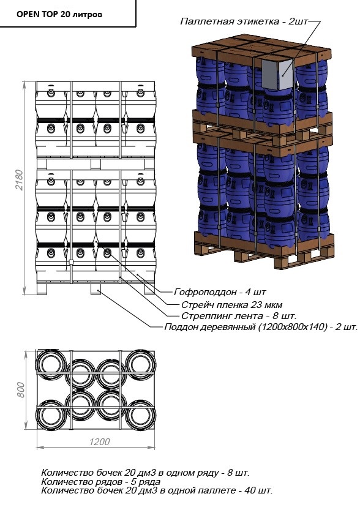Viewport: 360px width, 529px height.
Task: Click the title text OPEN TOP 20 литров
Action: (x=59, y=15)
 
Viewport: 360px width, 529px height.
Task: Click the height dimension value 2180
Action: (x=20, y=180)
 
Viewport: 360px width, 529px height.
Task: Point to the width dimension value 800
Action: (x=20, y=390)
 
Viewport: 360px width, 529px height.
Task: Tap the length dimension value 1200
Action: (x=100, y=442)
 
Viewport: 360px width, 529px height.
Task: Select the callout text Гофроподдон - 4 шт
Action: (x=220, y=292)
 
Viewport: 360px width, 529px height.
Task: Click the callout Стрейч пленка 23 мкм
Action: (x=232, y=305)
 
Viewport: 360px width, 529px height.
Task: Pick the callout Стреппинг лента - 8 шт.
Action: (x=239, y=316)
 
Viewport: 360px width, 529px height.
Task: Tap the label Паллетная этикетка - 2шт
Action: (x=244, y=21)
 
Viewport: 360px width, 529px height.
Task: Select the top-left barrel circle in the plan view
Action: (x=51, y=365)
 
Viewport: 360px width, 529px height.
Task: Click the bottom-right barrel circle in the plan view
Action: (x=140, y=415)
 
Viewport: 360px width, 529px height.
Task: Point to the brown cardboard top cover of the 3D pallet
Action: (x=261, y=50)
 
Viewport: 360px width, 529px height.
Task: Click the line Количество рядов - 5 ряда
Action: (x=100, y=481)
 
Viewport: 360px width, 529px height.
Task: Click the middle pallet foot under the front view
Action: (x=96, y=289)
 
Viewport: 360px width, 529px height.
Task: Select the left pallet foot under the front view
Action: (x=42, y=289)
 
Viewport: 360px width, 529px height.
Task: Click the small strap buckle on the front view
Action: (x=71, y=262)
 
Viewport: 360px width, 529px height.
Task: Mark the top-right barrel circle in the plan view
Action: (x=140, y=365)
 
